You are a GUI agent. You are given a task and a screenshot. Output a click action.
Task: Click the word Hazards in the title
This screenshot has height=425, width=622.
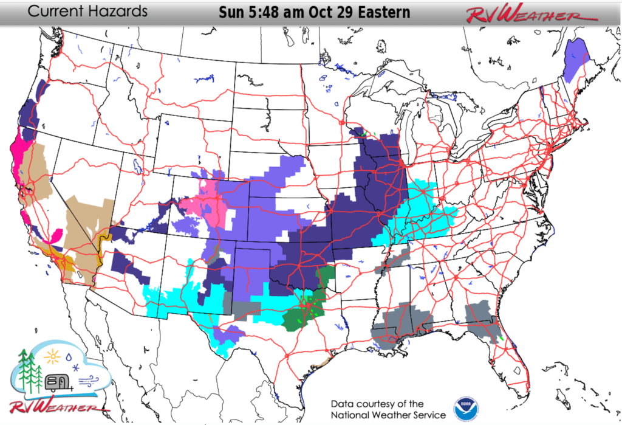coord(119,12)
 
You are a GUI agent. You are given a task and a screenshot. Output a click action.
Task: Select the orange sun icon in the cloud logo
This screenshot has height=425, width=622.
coord(53,354)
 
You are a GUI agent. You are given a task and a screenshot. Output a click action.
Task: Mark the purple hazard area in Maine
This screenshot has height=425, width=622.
coord(576,60)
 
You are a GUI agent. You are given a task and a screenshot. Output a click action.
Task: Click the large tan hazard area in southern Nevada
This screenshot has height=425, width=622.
coord(82,231)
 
